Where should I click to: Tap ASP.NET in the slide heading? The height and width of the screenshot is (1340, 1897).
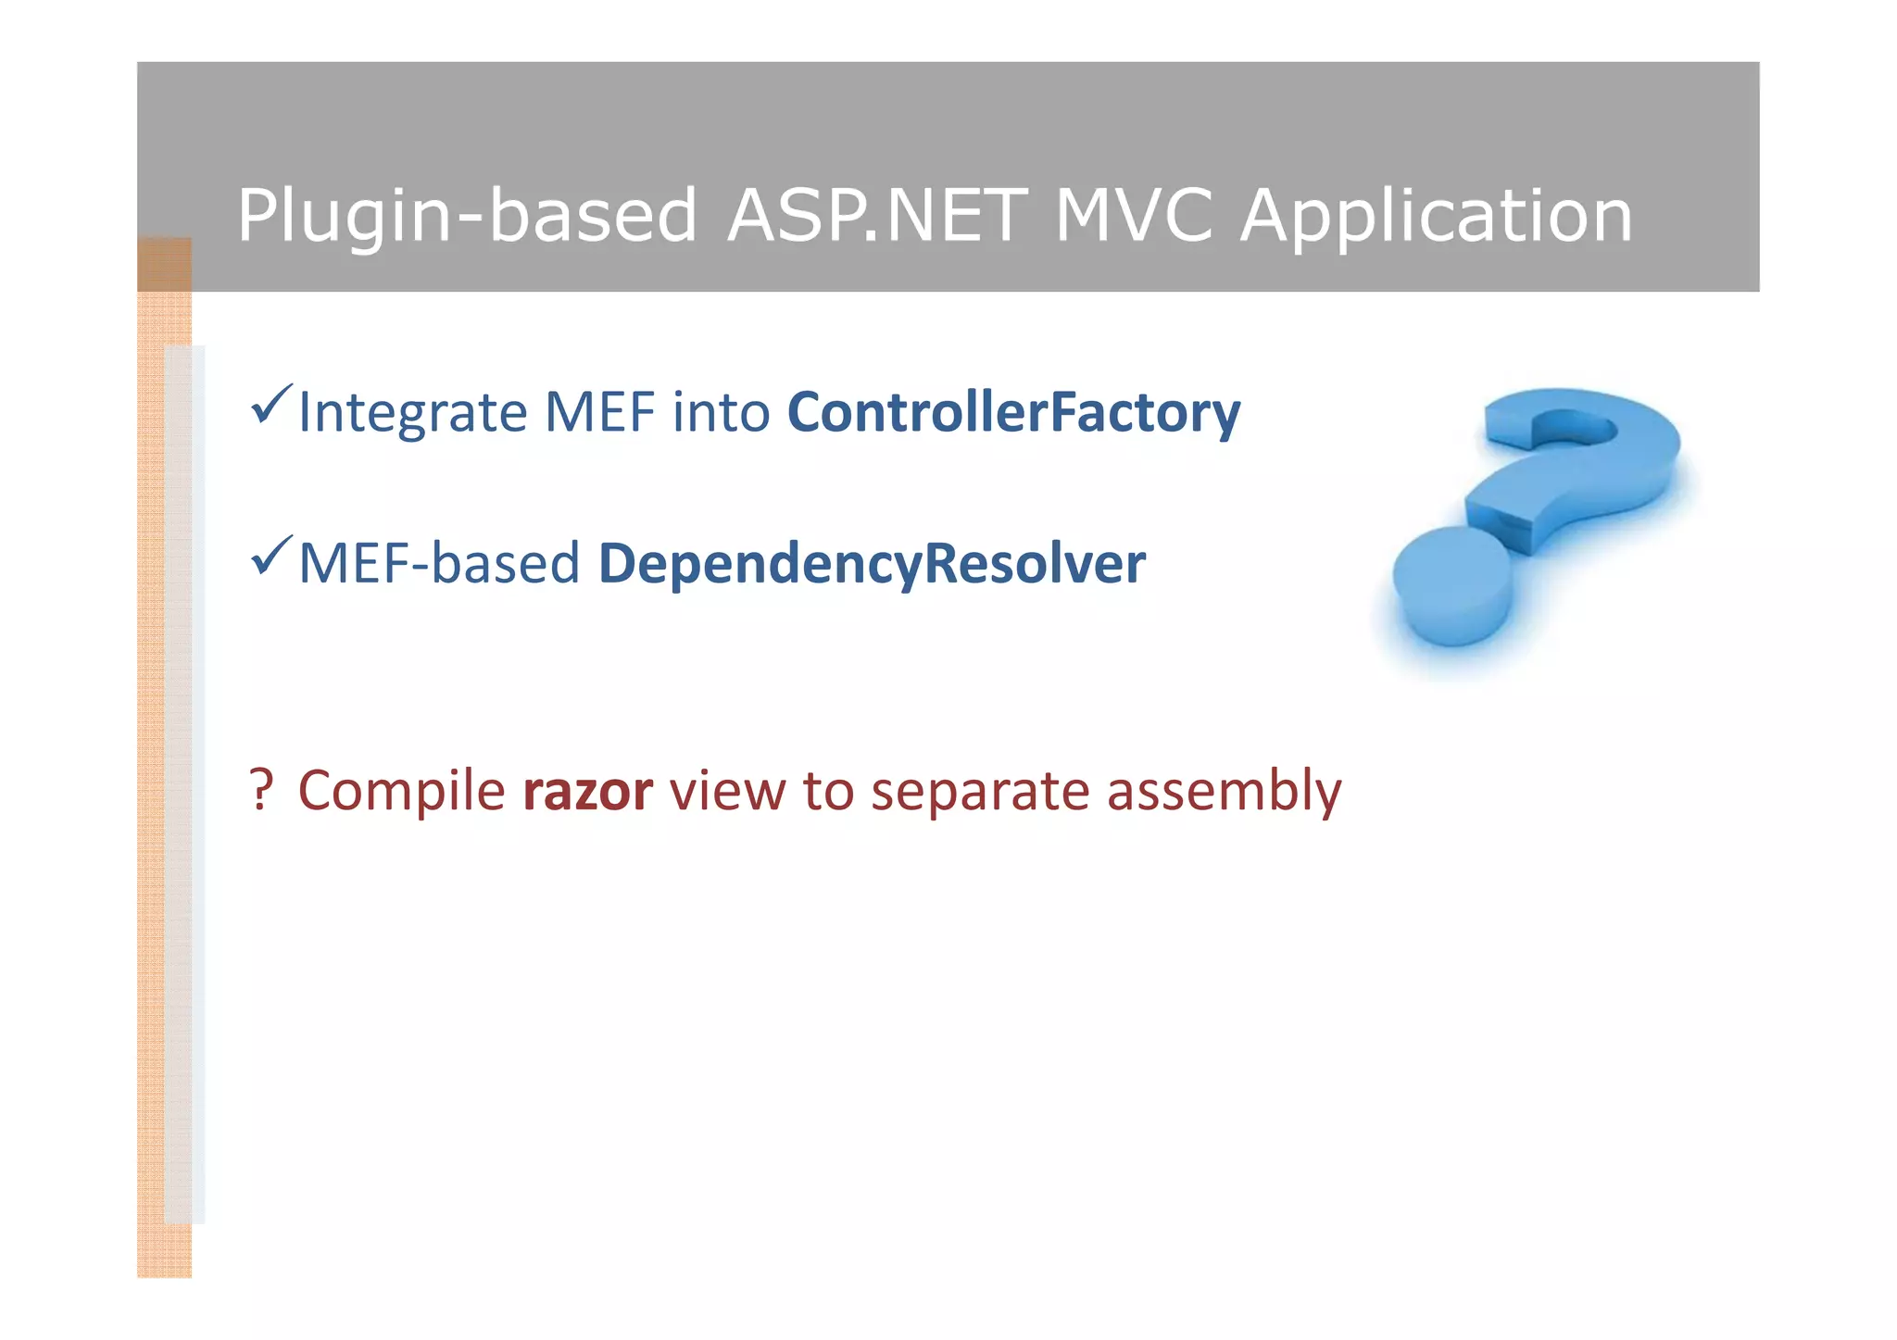click(876, 216)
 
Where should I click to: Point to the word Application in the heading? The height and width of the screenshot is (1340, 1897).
click(1436, 216)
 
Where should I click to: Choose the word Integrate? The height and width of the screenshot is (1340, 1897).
click(412, 413)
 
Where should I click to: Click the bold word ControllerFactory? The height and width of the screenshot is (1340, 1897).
click(1013, 413)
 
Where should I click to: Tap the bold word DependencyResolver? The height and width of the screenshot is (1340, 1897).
click(872, 563)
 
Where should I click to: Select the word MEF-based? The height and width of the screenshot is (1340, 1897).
click(439, 563)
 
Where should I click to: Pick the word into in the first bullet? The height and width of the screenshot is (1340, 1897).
click(721, 413)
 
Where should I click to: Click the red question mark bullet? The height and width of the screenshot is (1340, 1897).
click(261, 790)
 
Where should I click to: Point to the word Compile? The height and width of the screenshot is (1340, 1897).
click(401, 792)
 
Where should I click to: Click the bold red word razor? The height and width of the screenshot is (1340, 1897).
click(587, 792)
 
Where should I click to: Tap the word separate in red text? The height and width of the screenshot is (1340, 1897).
click(980, 792)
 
